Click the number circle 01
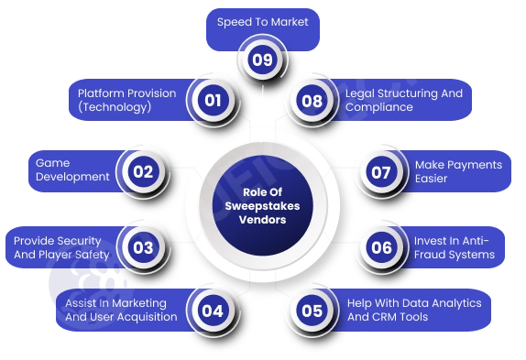click(x=212, y=100)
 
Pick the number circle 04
click(x=212, y=310)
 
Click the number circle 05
click(x=312, y=310)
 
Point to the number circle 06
click(x=381, y=246)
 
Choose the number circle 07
click(x=381, y=170)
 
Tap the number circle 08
click(x=312, y=100)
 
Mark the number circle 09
click(x=261, y=61)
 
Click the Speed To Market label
click(x=262, y=21)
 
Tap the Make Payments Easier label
click(x=458, y=171)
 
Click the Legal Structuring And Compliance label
click(x=403, y=100)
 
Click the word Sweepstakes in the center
click(x=263, y=206)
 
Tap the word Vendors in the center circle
click(x=263, y=221)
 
